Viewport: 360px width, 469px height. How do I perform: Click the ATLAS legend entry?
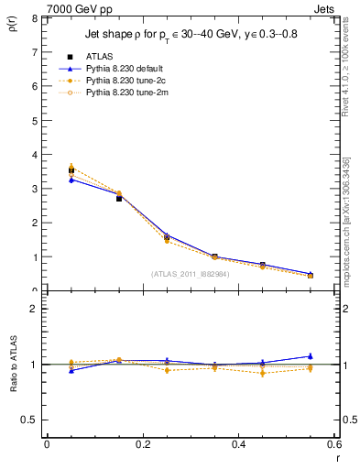coord(100,56)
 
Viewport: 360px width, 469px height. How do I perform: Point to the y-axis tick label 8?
coord(35,18)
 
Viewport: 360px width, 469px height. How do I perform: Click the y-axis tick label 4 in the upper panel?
coord(35,155)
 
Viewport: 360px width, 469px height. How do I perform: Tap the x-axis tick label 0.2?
coord(142,443)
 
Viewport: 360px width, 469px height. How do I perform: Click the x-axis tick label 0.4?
coord(238,443)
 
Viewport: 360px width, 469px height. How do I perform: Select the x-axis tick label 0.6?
coord(333,443)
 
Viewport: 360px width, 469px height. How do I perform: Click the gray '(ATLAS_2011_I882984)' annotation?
coord(191,273)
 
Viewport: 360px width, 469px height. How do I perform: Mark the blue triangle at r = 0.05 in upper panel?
coord(71,180)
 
